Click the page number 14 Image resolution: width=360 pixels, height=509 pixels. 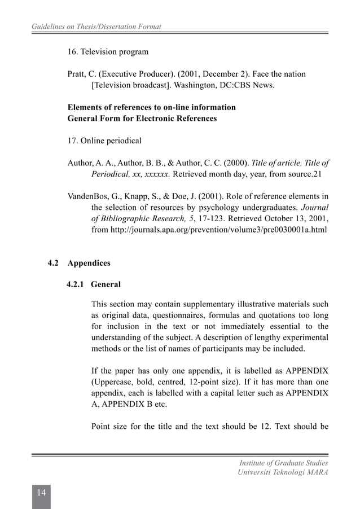[41, 492]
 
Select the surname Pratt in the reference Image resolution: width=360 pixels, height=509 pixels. [77, 74]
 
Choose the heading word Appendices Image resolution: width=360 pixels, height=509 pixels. [89, 264]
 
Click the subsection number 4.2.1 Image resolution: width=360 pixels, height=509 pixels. [76, 284]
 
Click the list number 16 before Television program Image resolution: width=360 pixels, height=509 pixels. [72, 52]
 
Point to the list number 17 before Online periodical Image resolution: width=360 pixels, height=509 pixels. [72, 141]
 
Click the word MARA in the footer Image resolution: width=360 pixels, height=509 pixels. [316, 472]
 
